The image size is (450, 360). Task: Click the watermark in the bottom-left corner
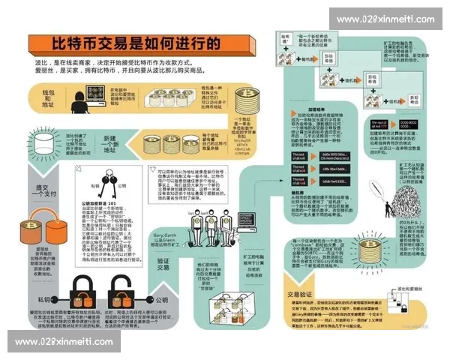click(63, 341)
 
